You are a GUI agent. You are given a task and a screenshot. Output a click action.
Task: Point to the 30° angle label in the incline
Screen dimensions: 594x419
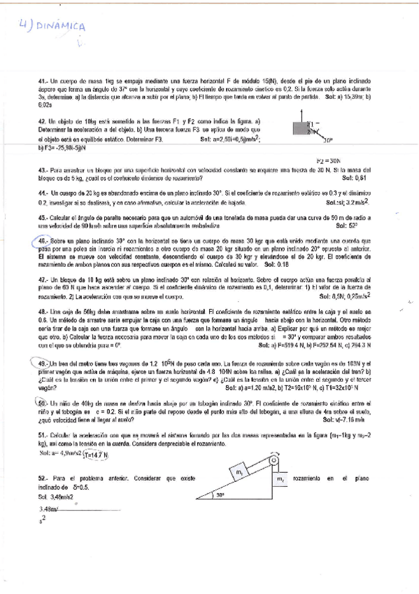[220, 495]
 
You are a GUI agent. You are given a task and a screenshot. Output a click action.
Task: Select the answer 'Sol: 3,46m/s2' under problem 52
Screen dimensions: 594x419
[59, 496]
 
